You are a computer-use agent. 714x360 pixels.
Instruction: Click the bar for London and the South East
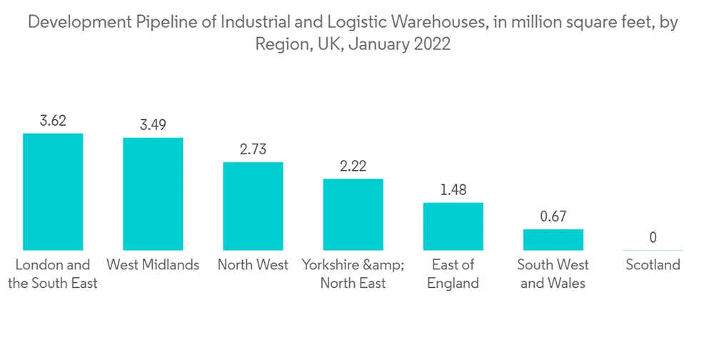point(53,191)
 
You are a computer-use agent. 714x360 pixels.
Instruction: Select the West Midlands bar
point(153,194)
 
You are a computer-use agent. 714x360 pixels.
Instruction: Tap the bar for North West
point(253,206)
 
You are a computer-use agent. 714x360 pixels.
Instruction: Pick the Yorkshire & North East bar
point(353,214)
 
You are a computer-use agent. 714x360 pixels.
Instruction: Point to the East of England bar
point(453,226)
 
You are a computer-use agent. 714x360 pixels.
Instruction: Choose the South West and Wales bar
point(553,239)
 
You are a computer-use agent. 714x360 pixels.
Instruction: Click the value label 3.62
point(53,121)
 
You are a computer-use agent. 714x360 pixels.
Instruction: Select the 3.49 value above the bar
point(153,125)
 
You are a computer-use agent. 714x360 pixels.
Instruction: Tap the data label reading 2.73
point(253,149)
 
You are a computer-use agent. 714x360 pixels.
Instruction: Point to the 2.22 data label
point(353,166)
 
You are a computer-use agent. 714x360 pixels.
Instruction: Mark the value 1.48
point(453,190)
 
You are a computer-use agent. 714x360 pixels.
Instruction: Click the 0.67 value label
point(553,216)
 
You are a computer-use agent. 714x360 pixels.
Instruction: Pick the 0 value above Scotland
point(653,238)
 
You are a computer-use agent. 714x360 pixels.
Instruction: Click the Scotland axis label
point(653,265)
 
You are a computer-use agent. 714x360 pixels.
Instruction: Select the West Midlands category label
point(153,265)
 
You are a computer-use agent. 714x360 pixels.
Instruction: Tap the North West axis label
point(253,265)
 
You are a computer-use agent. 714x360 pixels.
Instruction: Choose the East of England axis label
point(453,274)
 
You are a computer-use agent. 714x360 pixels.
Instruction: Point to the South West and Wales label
point(553,274)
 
